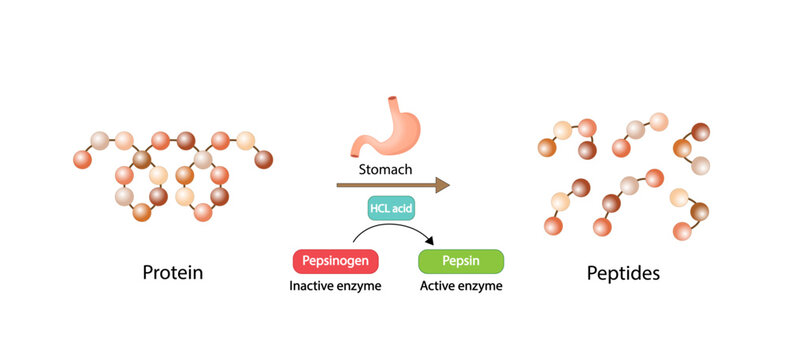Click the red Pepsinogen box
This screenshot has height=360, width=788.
click(335, 261)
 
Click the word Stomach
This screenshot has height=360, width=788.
click(385, 169)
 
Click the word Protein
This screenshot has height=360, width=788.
click(173, 271)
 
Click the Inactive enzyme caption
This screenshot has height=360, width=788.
click(336, 286)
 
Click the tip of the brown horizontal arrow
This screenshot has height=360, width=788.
click(448, 185)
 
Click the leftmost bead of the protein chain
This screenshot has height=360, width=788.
click(81, 159)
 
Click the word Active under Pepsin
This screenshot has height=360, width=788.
click(437, 286)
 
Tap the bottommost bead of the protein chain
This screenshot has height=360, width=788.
click(203, 212)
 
